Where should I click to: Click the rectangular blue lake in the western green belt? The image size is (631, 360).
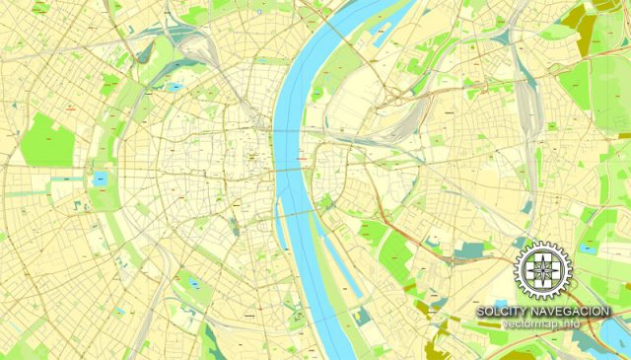tap(101, 180)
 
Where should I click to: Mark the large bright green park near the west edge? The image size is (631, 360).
tap(47, 139)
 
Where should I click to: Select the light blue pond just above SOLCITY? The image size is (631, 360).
tap(502, 302)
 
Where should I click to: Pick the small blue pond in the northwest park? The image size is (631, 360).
tap(175, 87)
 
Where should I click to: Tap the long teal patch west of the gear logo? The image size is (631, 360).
tap(473, 253)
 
